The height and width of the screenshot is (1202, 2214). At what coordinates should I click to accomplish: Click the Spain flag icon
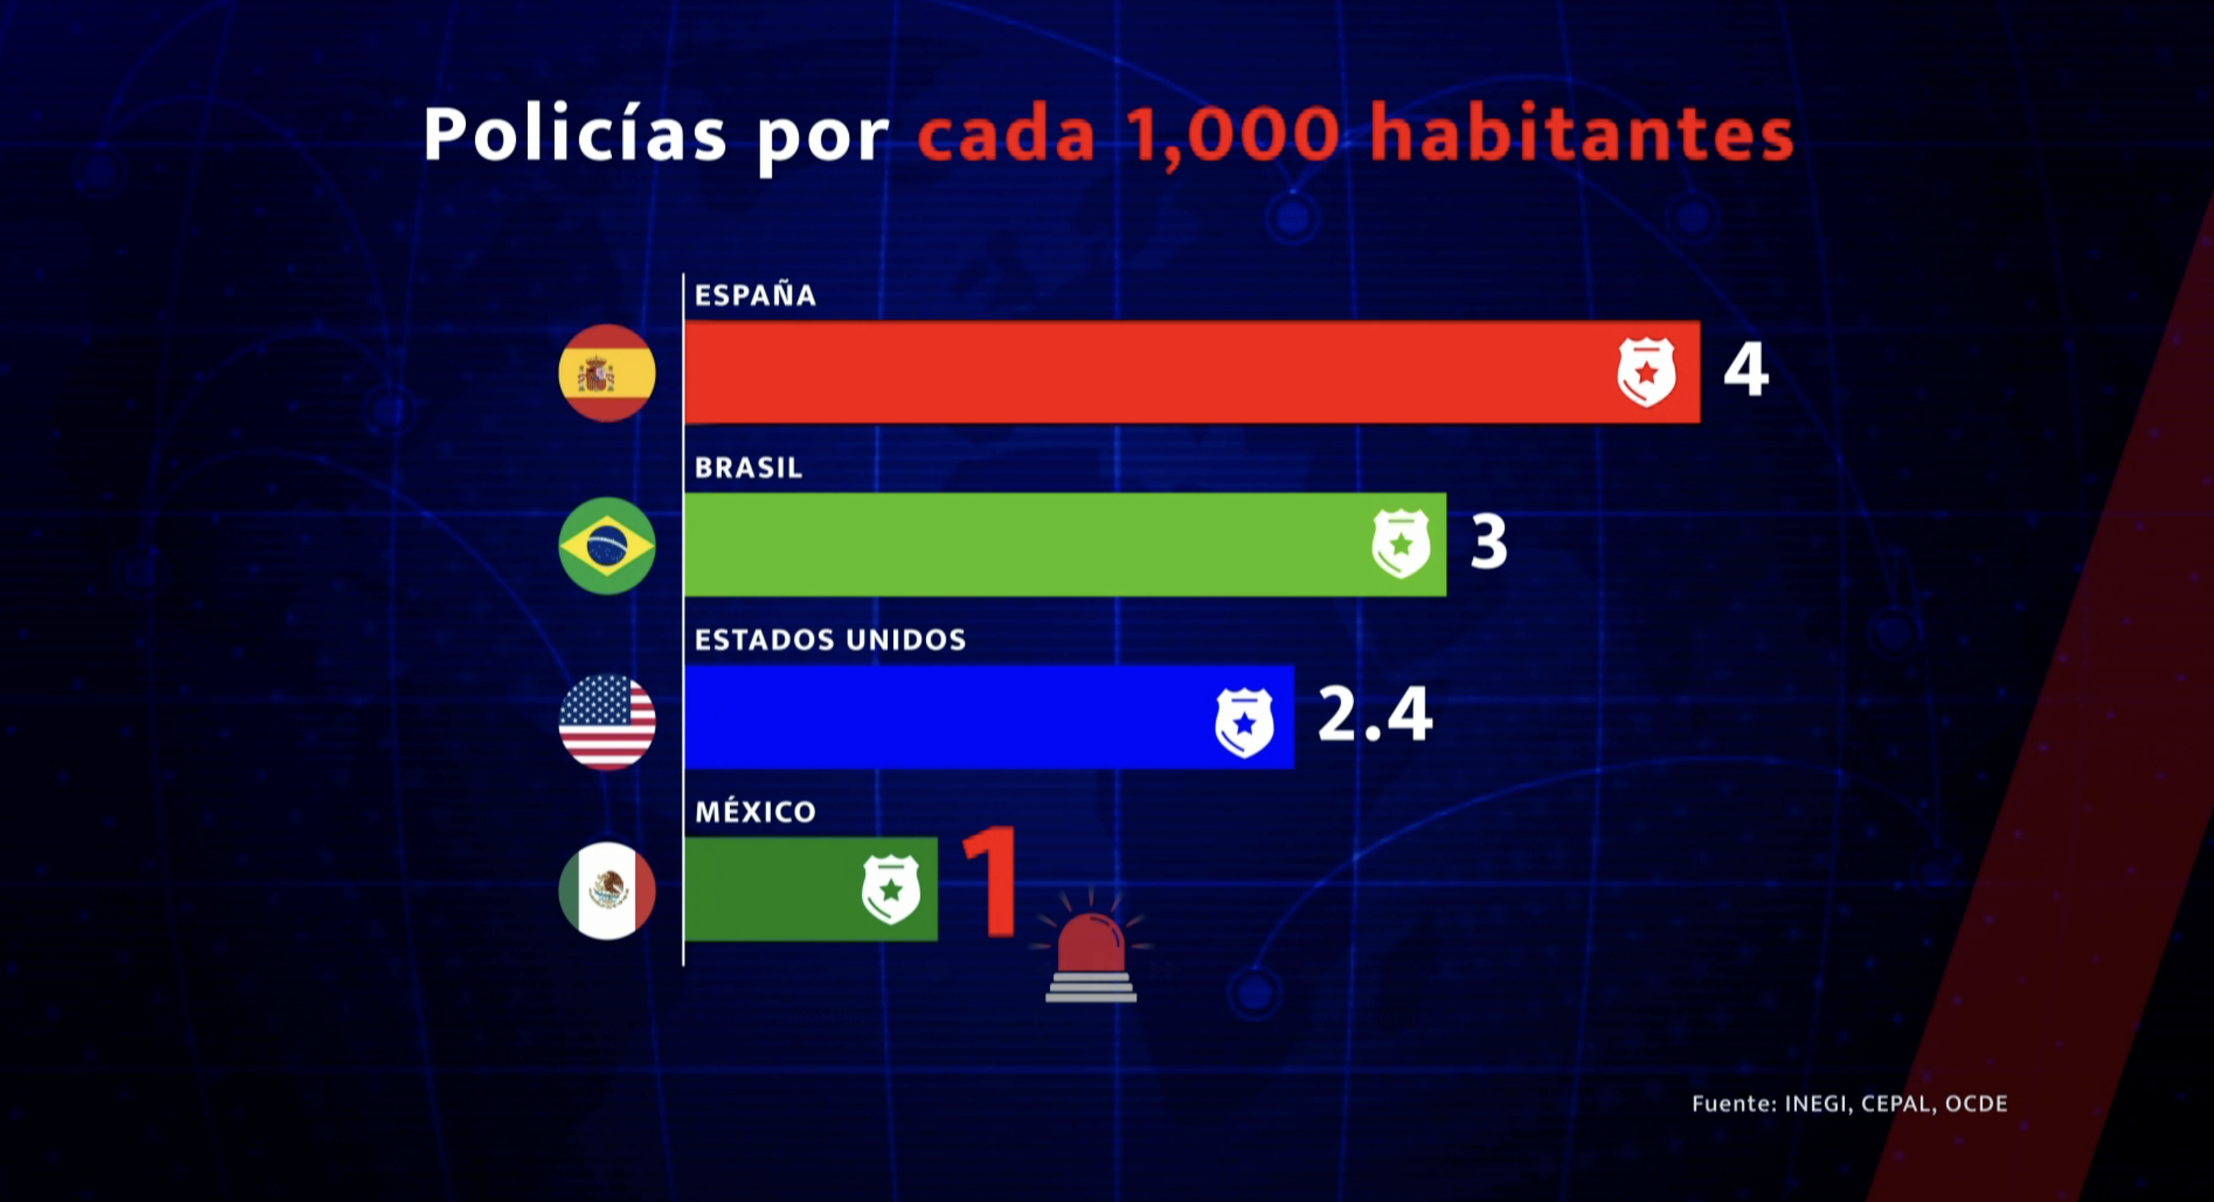607,373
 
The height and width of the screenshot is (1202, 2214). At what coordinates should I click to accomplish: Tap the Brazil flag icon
607,546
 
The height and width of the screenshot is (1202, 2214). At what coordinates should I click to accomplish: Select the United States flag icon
607,720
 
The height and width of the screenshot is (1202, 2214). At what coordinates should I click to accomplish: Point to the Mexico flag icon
607,891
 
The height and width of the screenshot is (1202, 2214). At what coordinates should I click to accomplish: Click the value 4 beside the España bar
1746,370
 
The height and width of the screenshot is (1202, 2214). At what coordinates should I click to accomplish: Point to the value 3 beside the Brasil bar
1488,542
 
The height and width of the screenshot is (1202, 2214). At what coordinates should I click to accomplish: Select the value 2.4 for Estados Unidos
1374,715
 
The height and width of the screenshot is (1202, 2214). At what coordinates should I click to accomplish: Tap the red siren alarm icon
1091,950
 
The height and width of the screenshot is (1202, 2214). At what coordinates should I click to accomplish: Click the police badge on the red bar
1646,372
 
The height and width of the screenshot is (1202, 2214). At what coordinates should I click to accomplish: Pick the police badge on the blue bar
1244,722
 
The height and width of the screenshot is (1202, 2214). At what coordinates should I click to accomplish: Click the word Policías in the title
575,135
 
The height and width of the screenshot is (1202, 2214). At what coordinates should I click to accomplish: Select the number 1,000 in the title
1232,135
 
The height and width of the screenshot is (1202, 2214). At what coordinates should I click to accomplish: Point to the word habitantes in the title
1581,135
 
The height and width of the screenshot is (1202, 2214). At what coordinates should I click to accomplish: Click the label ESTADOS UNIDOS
830,640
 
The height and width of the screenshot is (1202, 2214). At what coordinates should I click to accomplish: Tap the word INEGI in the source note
1816,1104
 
